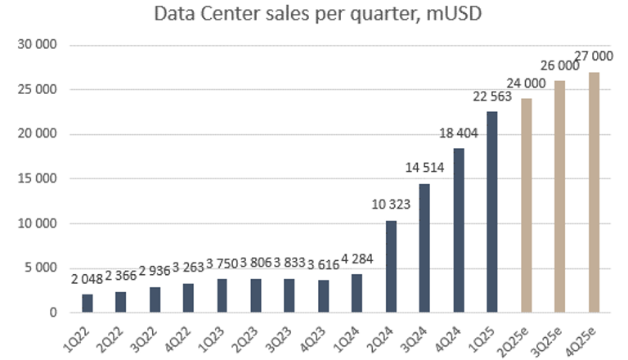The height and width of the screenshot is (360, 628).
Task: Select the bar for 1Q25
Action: (x=491, y=212)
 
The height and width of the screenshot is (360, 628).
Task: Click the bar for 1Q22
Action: (x=87, y=304)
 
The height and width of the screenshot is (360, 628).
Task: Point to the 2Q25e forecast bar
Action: (x=526, y=205)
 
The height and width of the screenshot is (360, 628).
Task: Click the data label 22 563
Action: (x=491, y=97)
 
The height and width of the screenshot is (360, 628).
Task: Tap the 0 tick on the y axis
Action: (x=51, y=313)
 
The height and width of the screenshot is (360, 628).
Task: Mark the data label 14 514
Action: (x=424, y=169)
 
